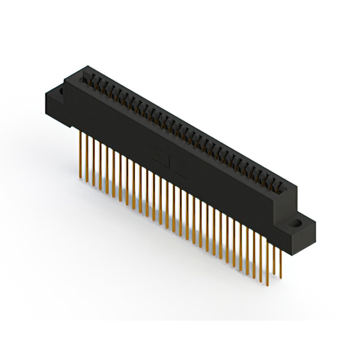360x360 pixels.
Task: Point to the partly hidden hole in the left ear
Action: click(58, 90)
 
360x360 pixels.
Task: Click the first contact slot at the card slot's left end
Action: click(87, 78)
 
